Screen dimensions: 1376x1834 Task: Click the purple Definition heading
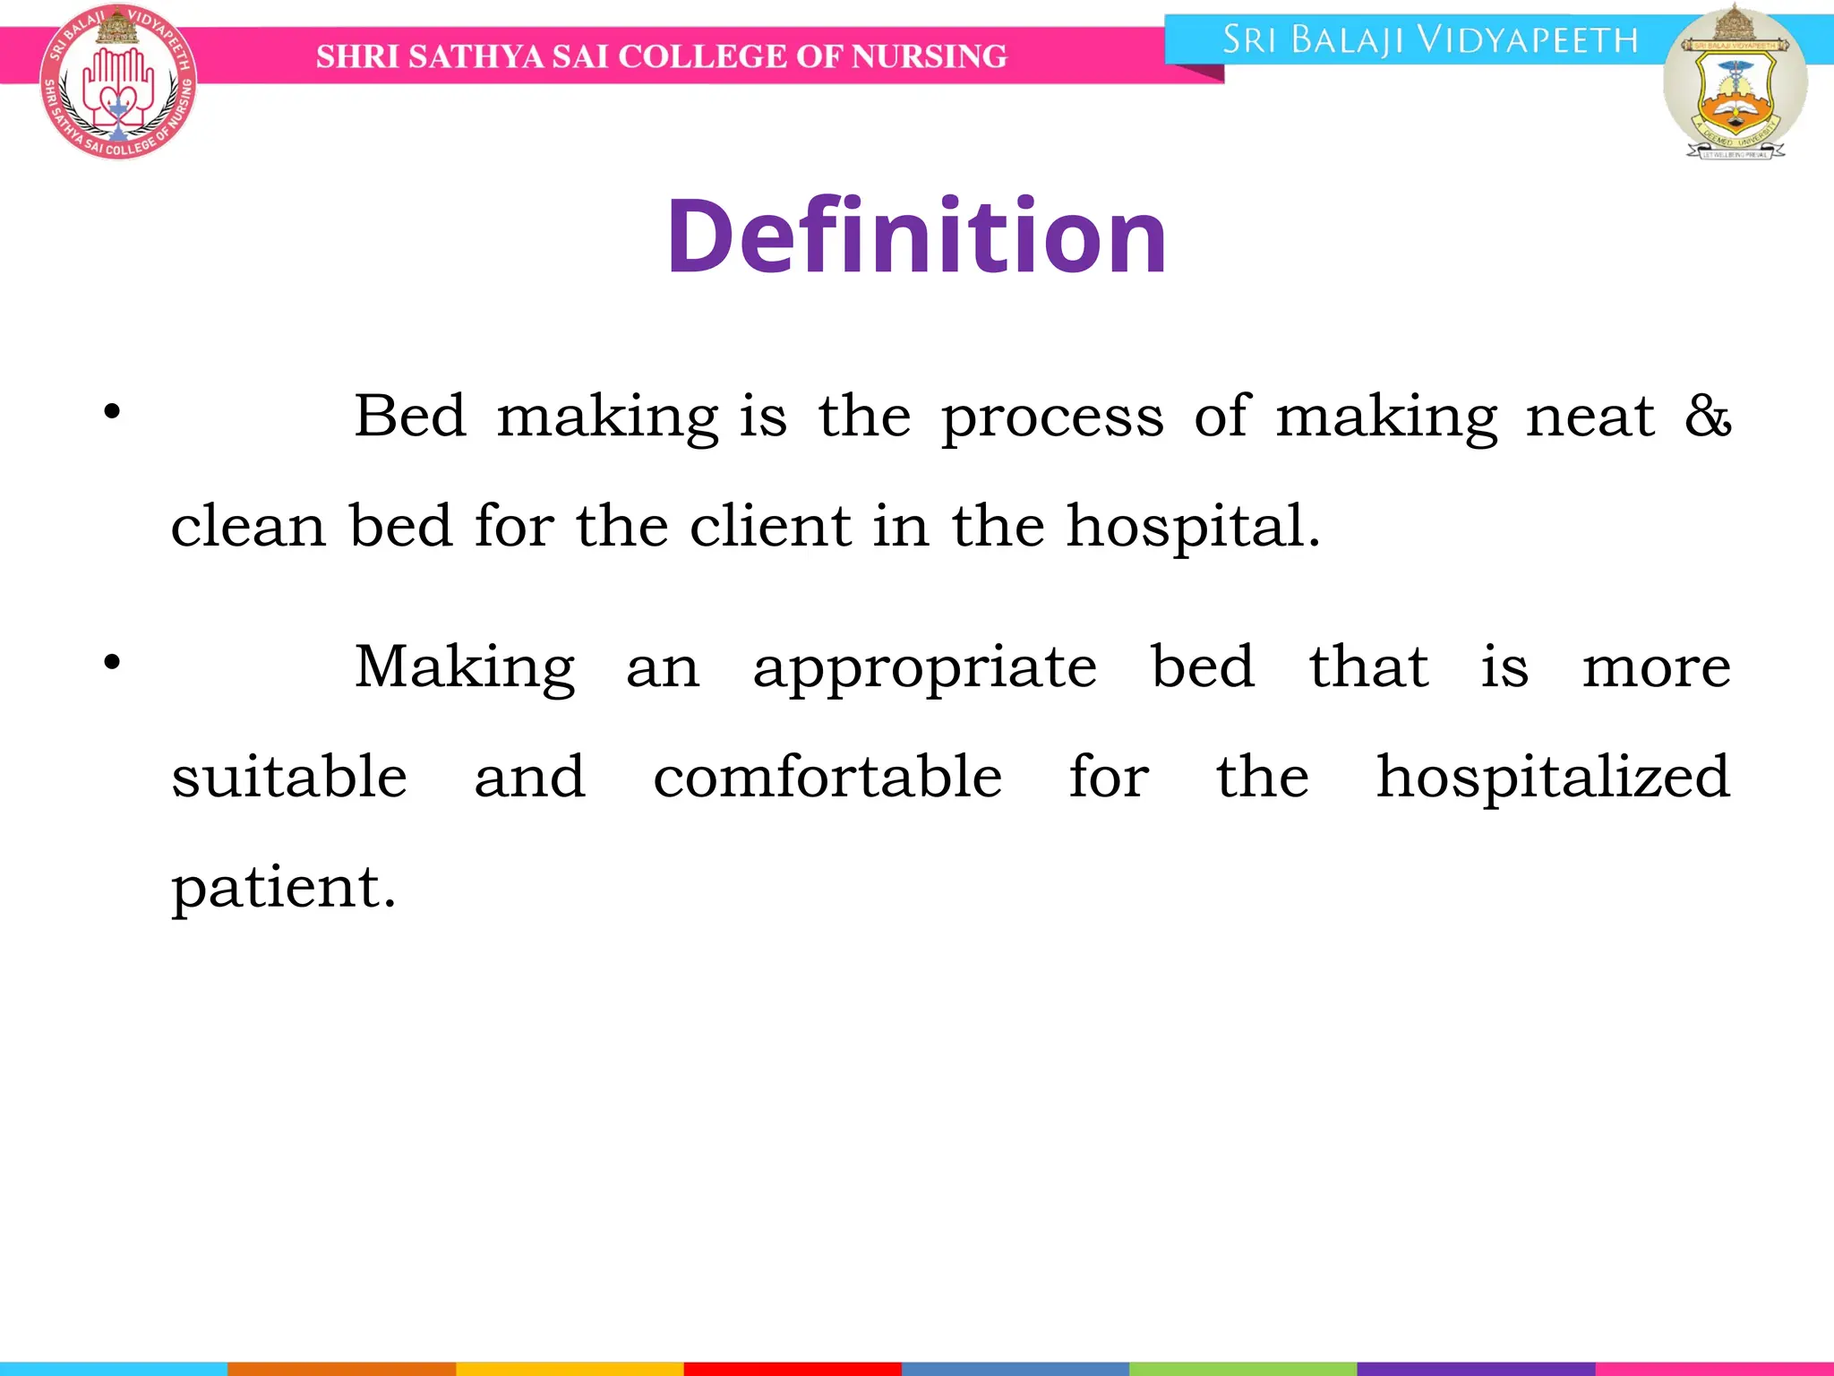tap(916, 236)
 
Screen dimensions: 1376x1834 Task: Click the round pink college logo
tap(117, 83)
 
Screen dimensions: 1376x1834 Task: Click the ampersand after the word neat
tap(1708, 417)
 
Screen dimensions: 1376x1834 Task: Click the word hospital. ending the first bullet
tap(1193, 527)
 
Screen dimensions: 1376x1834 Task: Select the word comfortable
tap(827, 777)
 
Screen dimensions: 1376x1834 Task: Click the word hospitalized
tap(1553, 777)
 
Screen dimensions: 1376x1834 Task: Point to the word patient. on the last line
tap(283, 888)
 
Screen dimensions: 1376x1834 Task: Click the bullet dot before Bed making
tap(112, 412)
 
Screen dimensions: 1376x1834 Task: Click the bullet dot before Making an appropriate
tap(112, 663)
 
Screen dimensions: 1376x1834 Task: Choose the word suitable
tap(289, 777)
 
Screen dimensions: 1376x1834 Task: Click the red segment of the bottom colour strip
tap(793, 1368)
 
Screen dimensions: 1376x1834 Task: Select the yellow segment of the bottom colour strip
tap(570, 1368)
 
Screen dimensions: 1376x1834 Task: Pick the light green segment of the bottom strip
tap(1243, 1368)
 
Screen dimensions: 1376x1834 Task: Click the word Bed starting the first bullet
tap(410, 417)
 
